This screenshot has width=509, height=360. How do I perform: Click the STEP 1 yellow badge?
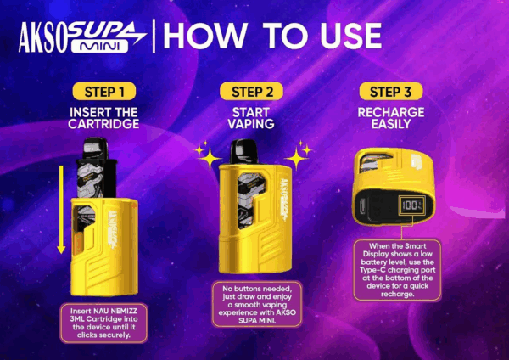103,92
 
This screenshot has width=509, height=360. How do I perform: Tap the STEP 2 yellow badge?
251,92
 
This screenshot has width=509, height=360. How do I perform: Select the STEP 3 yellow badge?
391,92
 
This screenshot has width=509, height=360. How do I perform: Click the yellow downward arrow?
61,210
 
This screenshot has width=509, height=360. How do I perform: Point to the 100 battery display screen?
412,205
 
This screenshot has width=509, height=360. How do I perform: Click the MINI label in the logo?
99,47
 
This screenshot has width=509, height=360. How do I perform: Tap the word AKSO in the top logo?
42,37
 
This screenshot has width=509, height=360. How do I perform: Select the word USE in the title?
351,36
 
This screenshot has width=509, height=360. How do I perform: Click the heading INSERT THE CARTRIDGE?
103,118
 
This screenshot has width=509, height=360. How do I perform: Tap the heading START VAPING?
251,118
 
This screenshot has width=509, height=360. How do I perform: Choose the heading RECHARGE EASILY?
391,118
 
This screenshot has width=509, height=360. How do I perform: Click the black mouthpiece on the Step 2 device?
244,151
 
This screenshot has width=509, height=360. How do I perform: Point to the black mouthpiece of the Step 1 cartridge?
95,148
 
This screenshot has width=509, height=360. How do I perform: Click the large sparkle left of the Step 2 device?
209,159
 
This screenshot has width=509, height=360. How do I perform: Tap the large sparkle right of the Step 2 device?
296,159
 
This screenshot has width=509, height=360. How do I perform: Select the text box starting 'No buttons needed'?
257,305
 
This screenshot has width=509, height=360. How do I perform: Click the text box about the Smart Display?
397,270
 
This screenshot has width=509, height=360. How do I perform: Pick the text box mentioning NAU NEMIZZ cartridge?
103,323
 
